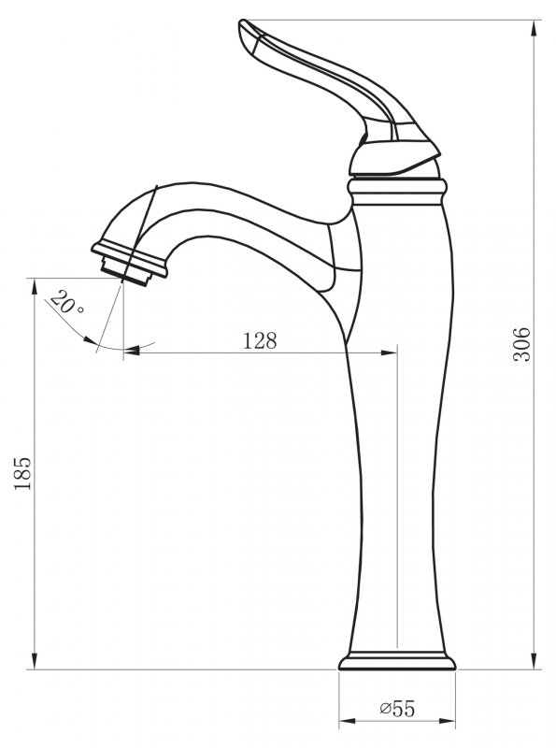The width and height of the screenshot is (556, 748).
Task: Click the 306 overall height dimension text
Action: tap(522, 345)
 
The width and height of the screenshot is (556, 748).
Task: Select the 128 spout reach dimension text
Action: tap(260, 341)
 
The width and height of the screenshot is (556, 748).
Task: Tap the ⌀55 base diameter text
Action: tap(397, 710)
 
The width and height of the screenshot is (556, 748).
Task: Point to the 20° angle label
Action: tap(66, 305)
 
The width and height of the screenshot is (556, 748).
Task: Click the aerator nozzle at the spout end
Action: tap(131, 262)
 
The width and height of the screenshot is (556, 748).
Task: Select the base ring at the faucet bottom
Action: tap(397, 663)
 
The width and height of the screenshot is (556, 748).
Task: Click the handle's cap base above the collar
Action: tap(392, 161)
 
